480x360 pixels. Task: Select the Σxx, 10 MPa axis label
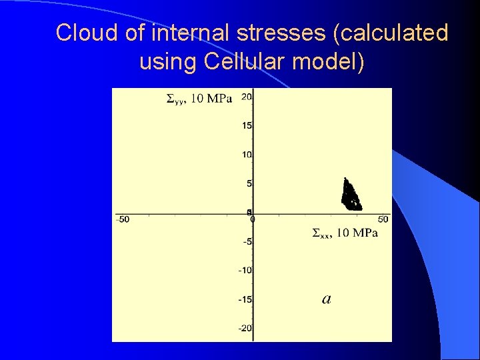pyautogui.click(x=345, y=233)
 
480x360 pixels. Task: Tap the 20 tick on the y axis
pyautogui.click(x=246, y=97)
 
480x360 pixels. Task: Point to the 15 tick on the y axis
pyautogui.click(x=246, y=125)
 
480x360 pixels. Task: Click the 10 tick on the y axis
pyautogui.click(x=246, y=155)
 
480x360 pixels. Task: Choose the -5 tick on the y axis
pyautogui.click(x=245, y=241)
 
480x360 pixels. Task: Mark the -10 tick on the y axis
pyautogui.click(x=244, y=270)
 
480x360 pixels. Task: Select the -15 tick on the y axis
pyautogui.click(x=244, y=299)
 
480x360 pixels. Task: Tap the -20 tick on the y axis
pyautogui.click(x=244, y=327)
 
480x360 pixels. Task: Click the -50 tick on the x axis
pyautogui.click(x=123, y=219)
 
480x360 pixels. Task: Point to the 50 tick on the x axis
pyautogui.click(x=383, y=219)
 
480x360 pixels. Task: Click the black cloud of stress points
pyautogui.click(x=350, y=195)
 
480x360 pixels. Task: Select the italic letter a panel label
pyautogui.click(x=327, y=299)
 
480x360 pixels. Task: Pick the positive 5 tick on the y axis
pyautogui.click(x=248, y=183)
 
